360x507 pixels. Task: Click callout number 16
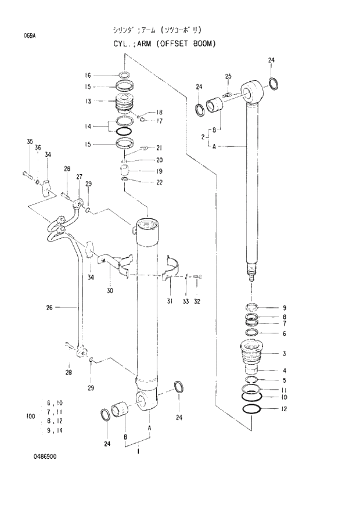(x=88, y=75)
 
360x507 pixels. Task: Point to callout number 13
(x=88, y=101)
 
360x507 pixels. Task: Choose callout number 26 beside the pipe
(x=50, y=308)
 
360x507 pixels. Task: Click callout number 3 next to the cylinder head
(x=285, y=353)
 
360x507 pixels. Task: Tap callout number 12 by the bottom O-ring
(x=285, y=409)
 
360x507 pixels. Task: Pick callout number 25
(x=228, y=76)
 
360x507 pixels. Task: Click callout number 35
(x=30, y=142)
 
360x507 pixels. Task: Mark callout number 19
(x=159, y=171)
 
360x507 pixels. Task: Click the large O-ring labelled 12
(x=252, y=409)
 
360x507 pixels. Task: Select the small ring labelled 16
(x=124, y=75)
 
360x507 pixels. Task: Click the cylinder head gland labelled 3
(x=253, y=353)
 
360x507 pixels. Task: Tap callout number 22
(x=159, y=183)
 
